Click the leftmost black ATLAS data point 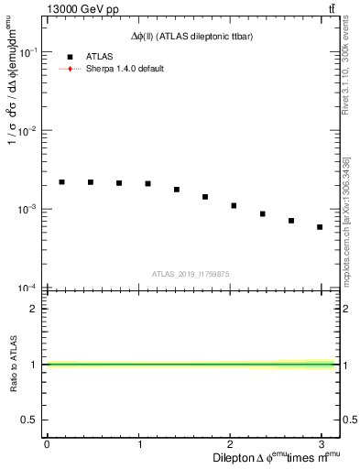tap(61, 182)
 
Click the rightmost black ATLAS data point tap(320, 227)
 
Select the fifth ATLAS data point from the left tap(177, 190)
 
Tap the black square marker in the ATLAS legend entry tap(70, 57)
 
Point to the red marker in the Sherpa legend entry tap(70, 69)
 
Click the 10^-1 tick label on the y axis tap(27, 53)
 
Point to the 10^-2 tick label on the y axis tap(27, 131)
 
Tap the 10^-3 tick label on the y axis tap(27, 210)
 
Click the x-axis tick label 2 tap(233, 443)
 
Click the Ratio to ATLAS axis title tap(13, 365)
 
